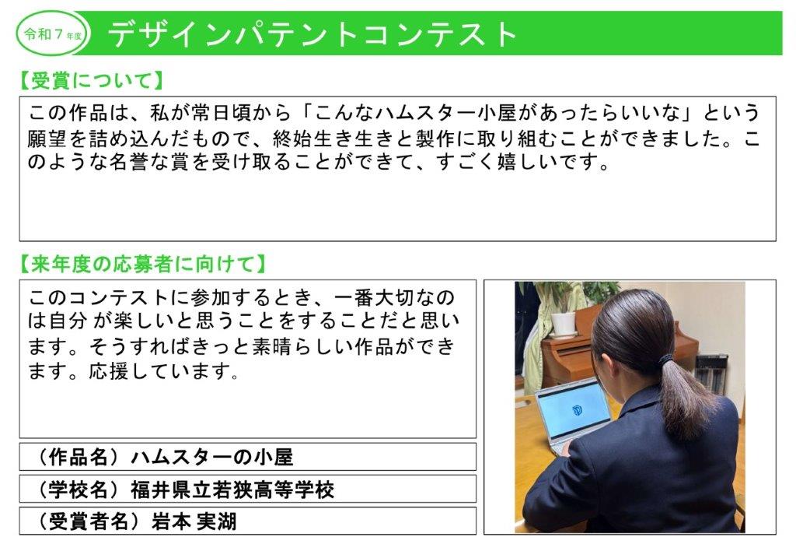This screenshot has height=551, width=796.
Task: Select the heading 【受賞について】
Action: [x=91, y=81]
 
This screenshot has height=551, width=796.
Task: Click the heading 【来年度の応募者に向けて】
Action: [x=142, y=265]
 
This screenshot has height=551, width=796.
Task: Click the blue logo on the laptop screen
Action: [x=578, y=409]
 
